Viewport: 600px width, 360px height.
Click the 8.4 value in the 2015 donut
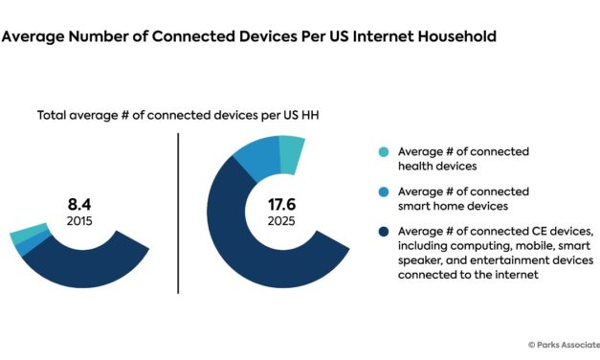coord(78,204)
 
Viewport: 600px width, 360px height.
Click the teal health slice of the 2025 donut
coord(291,149)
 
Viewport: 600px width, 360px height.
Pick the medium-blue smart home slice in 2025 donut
coord(256,158)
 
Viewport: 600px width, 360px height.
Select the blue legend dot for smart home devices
coord(383,191)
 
